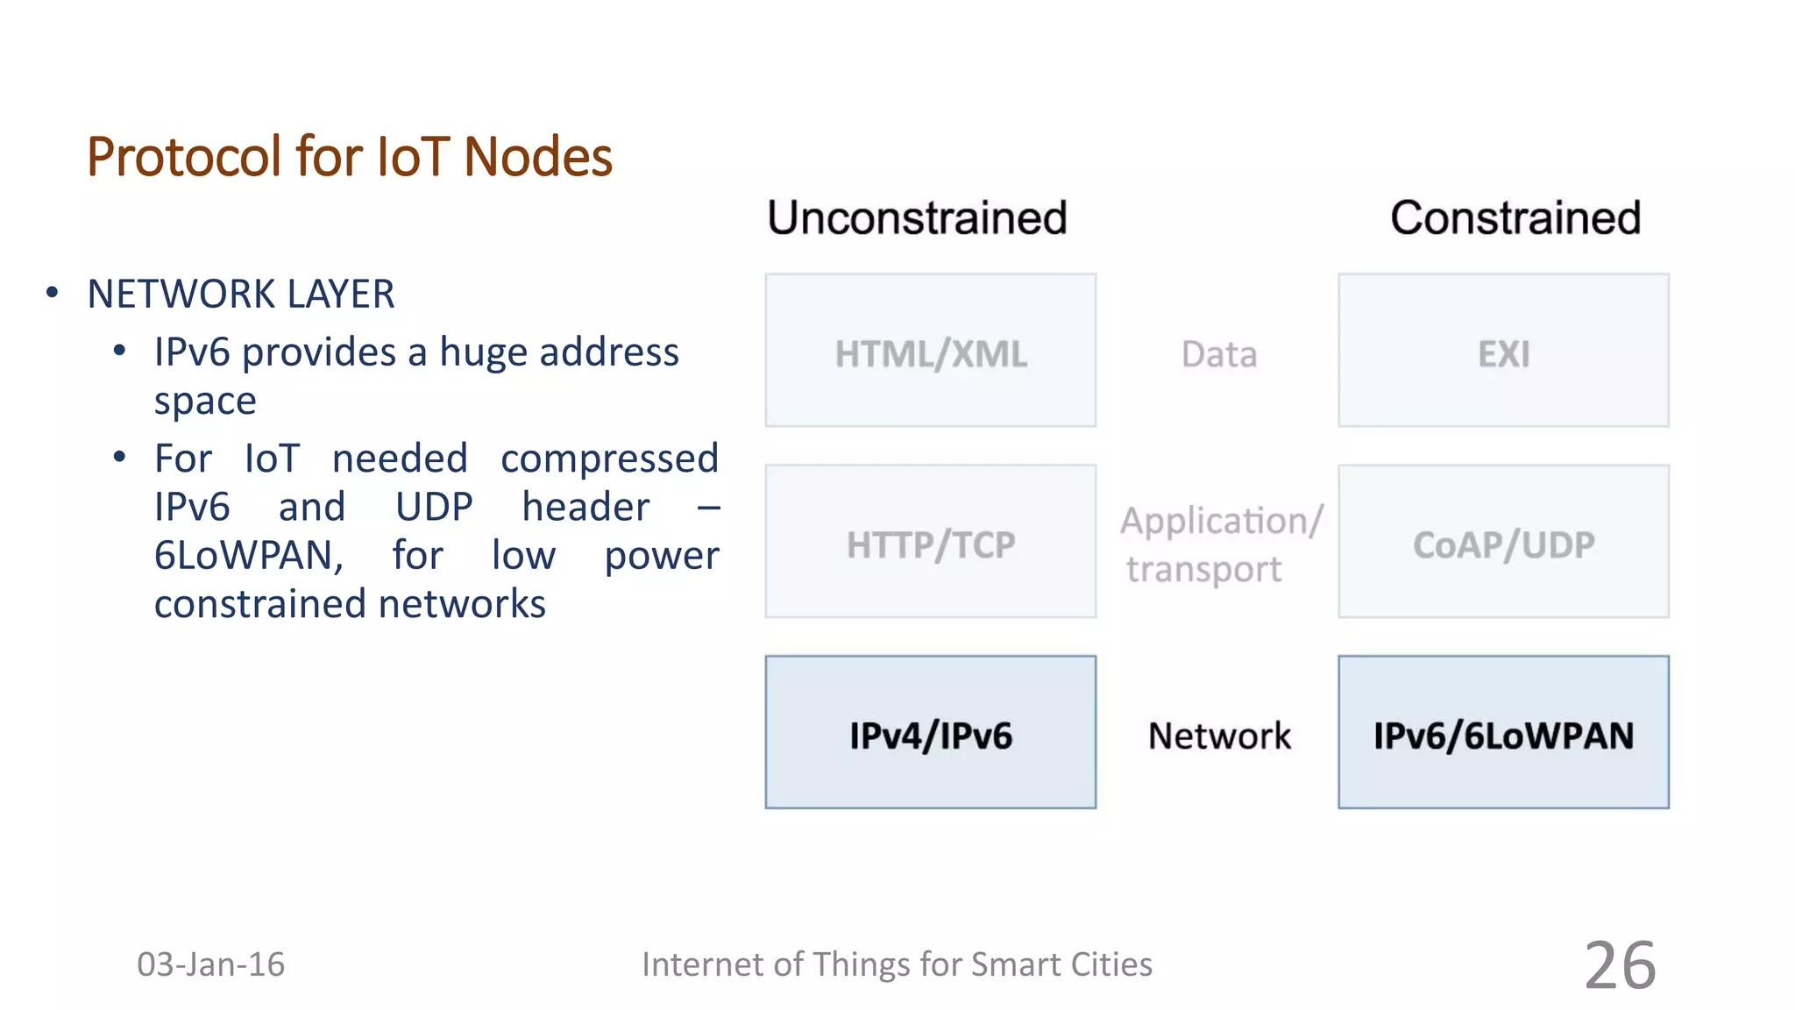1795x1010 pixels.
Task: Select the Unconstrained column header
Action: click(917, 217)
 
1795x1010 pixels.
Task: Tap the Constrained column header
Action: click(1515, 217)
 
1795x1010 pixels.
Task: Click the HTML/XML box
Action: click(930, 351)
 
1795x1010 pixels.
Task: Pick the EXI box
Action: click(1503, 351)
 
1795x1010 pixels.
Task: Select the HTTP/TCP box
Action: click(930, 542)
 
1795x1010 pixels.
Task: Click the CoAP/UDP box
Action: click(1503, 542)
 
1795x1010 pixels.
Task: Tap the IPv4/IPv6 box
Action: click(930, 733)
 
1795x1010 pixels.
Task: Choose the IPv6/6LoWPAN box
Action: click(1503, 733)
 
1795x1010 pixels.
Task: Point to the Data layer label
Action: click(1218, 354)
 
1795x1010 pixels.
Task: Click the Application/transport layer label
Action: click(1220, 544)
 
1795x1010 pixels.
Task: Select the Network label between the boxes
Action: click(1219, 736)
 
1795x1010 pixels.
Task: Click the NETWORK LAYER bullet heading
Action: click(241, 294)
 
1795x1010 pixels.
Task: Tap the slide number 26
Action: click(1620, 965)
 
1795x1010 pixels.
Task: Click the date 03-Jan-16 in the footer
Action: click(210, 964)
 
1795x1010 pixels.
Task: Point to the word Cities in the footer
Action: click(1109, 964)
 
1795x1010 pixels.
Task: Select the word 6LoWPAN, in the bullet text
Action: click(249, 556)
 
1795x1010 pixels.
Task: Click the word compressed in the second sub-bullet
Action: click(609, 459)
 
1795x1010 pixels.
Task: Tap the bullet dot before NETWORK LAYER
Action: click(53, 293)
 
